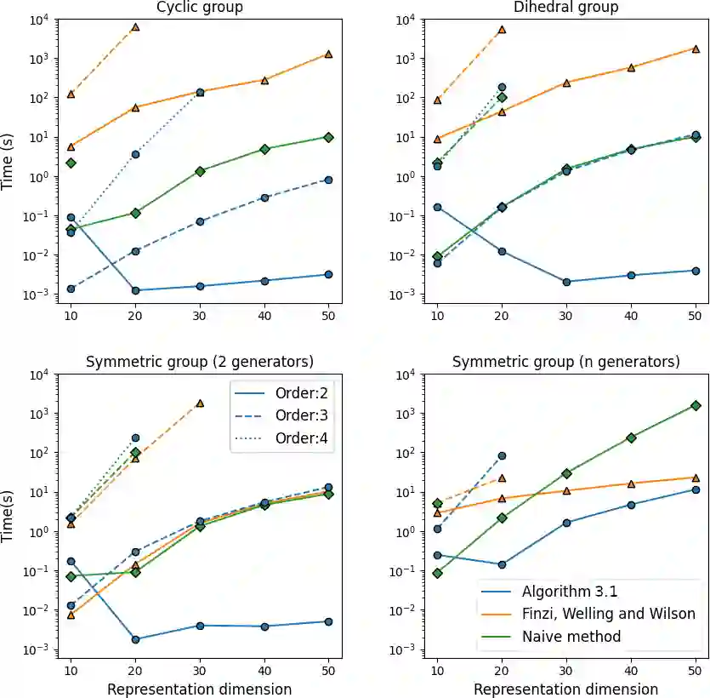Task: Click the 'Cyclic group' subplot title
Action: (x=200, y=8)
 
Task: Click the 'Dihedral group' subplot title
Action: (x=565, y=8)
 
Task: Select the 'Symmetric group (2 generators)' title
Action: (x=200, y=362)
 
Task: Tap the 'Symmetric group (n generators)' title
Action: (x=565, y=362)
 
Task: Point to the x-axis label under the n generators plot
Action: (x=565, y=689)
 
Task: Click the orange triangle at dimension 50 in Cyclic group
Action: (x=328, y=54)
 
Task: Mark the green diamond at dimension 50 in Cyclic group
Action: (x=328, y=137)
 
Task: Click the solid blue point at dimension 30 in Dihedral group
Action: (x=566, y=282)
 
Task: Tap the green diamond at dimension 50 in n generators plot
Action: (x=696, y=406)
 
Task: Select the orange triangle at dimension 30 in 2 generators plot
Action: (x=200, y=403)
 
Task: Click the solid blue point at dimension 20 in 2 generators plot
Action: (x=135, y=639)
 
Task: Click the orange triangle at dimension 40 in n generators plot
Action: (x=631, y=483)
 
